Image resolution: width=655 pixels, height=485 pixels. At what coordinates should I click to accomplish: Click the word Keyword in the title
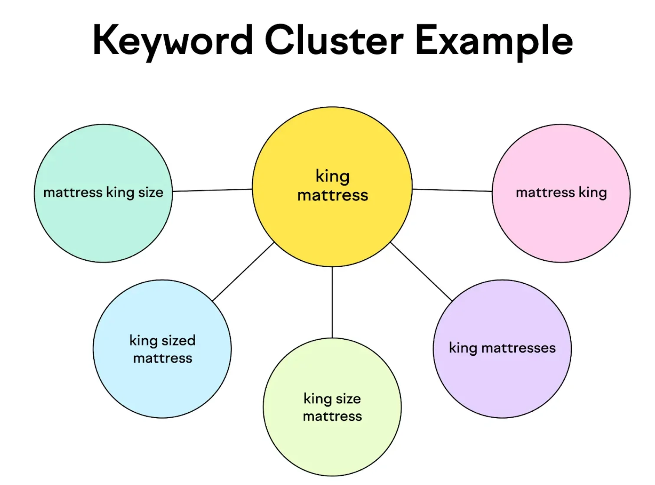pos(173,41)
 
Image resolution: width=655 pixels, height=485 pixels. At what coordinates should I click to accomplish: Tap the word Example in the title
pos(494,41)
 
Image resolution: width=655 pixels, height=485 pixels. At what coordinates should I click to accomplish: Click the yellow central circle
pos(332,226)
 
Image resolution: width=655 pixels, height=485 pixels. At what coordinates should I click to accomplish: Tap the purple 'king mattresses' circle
pos(502,382)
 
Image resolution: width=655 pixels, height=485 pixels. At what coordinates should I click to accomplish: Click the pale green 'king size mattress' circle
pos(332,447)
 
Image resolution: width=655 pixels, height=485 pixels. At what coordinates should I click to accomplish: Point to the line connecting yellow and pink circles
pos(452,190)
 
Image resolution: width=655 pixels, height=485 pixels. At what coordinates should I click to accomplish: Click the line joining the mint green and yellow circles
pos(213,190)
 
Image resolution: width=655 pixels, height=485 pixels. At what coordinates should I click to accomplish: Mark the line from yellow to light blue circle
pos(244,272)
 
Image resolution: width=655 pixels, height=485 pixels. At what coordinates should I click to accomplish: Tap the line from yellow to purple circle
pos(421,272)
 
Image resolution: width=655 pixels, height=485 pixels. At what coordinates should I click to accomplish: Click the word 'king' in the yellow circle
pos(332,176)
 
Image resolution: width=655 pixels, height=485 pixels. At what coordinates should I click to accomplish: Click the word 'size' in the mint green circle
pos(151,192)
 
